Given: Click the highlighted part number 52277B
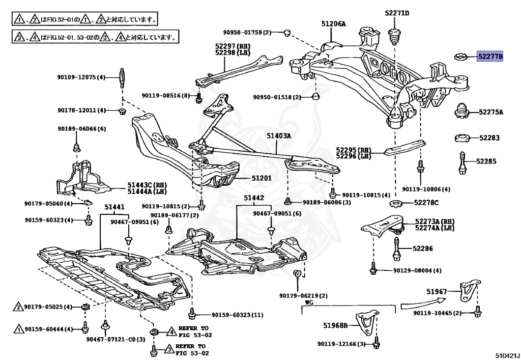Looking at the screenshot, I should pyautogui.click(x=489, y=57).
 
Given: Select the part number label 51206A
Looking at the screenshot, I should pyautogui.click(x=333, y=23).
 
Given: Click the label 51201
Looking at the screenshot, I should pyautogui.click(x=262, y=178).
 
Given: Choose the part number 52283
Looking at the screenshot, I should pyautogui.click(x=489, y=137).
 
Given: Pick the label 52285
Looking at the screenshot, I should pyautogui.click(x=489, y=161).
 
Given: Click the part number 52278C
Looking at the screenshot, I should pyautogui.click(x=426, y=203).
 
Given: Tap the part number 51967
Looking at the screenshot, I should pyautogui.click(x=437, y=292).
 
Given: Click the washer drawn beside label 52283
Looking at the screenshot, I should pyautogui.click(x=461, y=138).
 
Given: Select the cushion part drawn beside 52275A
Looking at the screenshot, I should pyautogui.click(x=461, y=112).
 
